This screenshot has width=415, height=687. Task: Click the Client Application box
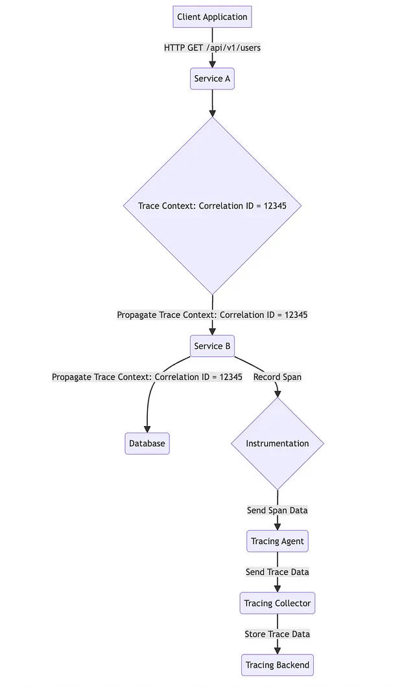pos(212,17)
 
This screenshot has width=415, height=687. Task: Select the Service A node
pos(212,79)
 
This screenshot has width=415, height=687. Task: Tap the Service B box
pos(212,346)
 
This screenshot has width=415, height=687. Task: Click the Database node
pos(147,444)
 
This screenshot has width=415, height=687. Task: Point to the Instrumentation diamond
pos(278,444)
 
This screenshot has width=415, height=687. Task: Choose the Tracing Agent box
pos(278,541)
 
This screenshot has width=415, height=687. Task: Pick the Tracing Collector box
pos(278,603)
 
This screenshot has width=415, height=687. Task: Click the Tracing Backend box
pos(278,665)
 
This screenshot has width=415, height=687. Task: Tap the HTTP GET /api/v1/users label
pos(212,48)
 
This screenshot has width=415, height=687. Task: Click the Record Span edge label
pos(278,377)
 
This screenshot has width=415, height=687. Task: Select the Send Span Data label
pos(278,510)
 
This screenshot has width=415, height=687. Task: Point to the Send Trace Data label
pos(278,572)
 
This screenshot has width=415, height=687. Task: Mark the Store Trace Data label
pos(278,635)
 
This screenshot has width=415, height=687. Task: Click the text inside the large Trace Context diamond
pos(212,206)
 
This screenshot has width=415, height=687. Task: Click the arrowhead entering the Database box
pos(147,429)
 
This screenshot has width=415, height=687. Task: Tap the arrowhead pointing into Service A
pos(212,63)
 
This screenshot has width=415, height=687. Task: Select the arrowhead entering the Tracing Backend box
pos(278,650)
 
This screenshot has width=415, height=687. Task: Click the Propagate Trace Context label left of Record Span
pos(147,377)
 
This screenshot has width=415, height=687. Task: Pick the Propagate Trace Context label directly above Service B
pos(212,315)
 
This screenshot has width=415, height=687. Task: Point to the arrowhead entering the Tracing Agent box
pos(278,526)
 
